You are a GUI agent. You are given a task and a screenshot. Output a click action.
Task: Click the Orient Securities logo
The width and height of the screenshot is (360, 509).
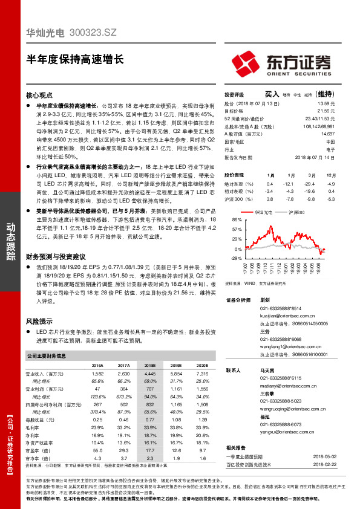(281, 63)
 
